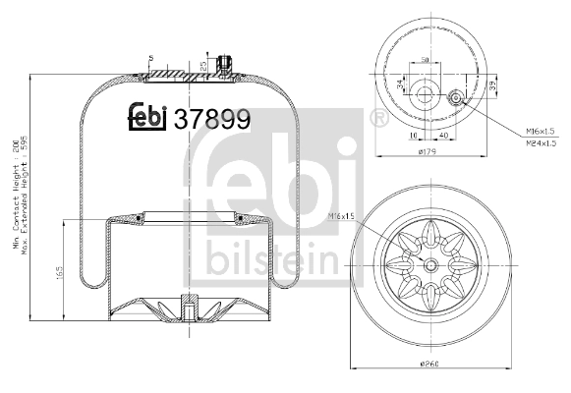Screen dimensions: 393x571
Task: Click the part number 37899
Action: tap(210, 118)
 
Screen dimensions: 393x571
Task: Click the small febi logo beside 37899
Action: tap(148, 117)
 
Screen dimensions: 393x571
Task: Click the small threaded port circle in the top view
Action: tap(457, 99)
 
